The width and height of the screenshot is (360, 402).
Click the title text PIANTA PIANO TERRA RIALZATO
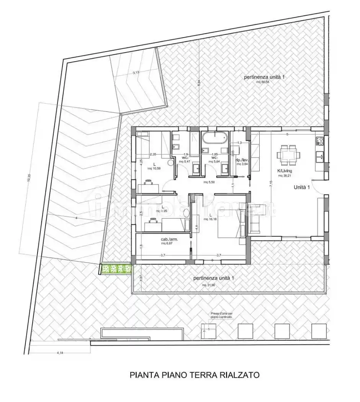195,374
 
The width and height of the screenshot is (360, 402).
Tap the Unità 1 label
302,188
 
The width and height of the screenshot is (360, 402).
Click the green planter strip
116,269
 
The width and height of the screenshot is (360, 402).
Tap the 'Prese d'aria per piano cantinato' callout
221,315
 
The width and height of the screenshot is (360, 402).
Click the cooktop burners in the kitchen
320,141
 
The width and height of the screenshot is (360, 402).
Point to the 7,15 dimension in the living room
271,183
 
